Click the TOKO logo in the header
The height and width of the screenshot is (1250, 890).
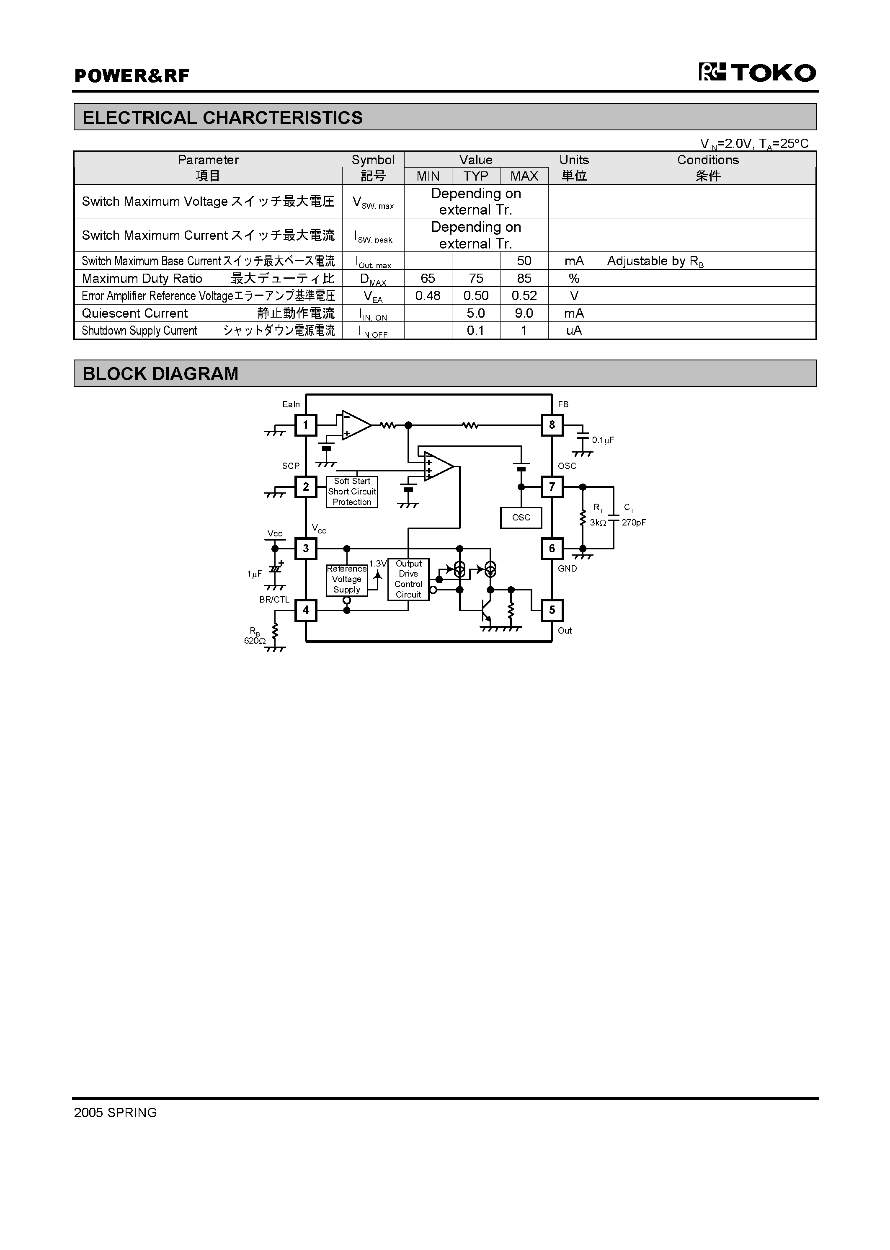click(x=757, y=73)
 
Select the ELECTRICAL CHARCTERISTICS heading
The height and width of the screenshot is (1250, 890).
click(x=222, y=118)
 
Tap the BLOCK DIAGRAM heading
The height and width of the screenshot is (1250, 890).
click(x=160, y=374)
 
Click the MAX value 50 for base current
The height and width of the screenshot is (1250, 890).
click(x=524, y=261)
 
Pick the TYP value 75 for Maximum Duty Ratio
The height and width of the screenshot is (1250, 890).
click(x=476, y=279)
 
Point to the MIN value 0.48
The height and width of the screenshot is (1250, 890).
click(x=428, y=296)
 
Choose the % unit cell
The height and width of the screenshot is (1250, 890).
click(x=574, y=279)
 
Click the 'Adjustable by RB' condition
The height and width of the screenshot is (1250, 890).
click(x=655, y=261)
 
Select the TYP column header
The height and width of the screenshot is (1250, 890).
click(x=476, y=176)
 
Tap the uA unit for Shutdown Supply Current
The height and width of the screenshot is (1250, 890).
click(x=574, y=331)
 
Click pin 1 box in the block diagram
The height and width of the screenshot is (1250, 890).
click(x=306, y=425)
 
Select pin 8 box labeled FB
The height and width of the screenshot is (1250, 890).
click(x=552, y=425)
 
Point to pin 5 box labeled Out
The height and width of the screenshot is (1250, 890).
click(x=552, y=610)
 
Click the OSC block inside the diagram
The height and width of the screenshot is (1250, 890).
click(x=521, y=518)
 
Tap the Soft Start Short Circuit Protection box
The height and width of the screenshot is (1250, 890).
click(x=352, y=492)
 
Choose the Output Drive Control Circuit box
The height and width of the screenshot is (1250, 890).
click(x=408, y=579)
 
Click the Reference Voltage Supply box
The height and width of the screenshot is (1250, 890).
click(x=346, y=580)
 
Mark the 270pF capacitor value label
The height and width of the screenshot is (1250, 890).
click(x=634, y=523)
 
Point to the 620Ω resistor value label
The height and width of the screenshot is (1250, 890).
click(x=255, y=640)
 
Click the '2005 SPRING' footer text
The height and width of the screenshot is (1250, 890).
click(x=116, y=1113)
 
